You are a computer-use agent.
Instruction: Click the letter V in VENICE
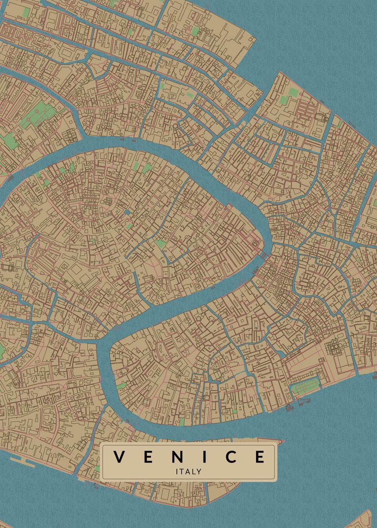coord(118,457)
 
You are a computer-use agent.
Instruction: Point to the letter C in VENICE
coord(231,457)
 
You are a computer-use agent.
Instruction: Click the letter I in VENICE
coord(205,457)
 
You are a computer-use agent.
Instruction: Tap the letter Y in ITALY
coord(199,471)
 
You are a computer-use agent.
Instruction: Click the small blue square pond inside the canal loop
coord(128,212)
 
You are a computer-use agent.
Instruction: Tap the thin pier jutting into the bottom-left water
coord(22,459)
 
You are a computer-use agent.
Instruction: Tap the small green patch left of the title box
coord(97,469)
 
